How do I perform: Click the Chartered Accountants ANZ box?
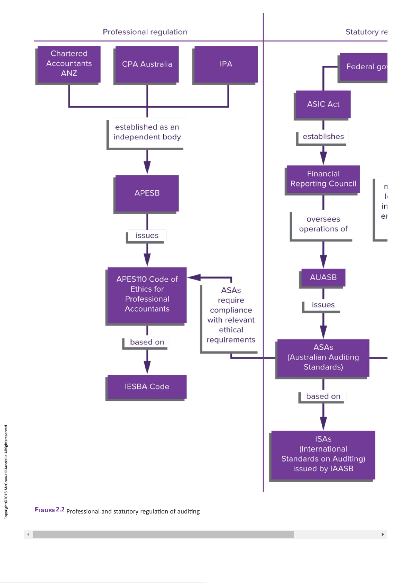point(69,64)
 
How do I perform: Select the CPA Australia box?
point(147,64)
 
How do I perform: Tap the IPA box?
point(226,64)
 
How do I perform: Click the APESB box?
point(147,193)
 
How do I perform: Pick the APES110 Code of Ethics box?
point(147,294)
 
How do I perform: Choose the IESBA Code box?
point(147,386)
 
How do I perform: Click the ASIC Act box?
point(323,104)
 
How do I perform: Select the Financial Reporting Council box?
point(323,179)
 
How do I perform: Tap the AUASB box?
point(323,277)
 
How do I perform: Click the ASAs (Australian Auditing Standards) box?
point(323,357)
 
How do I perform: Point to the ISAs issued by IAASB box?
point(323,454)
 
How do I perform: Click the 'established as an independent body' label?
point(147,132)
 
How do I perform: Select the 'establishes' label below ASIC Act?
point(323,137)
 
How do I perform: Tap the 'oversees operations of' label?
point(323,224)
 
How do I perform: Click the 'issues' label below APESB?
point(147,236)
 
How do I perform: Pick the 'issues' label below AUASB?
point(323,305)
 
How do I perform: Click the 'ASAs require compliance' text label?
point(231,315)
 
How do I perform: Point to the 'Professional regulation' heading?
point(145,32)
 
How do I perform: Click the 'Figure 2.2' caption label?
point(49,510)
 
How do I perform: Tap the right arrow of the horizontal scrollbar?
point(383,534)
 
